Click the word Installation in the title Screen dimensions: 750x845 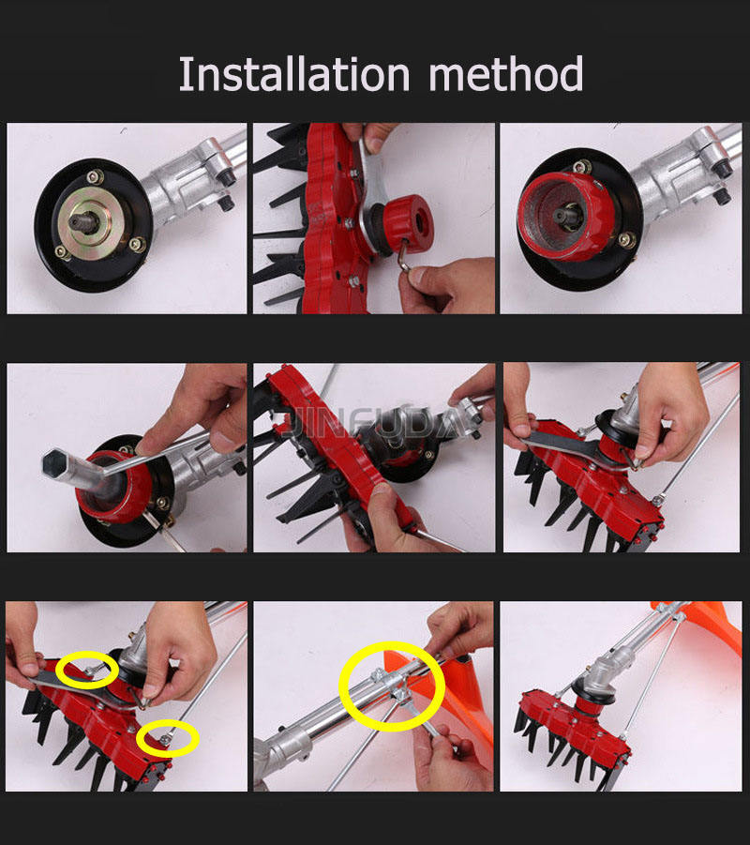pos(294,74)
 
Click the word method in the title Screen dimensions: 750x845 pos(506,73)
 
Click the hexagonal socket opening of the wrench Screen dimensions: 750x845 pos(55,463)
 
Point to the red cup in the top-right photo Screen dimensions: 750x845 pos(565,216)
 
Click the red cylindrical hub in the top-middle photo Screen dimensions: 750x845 pos(407,222)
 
